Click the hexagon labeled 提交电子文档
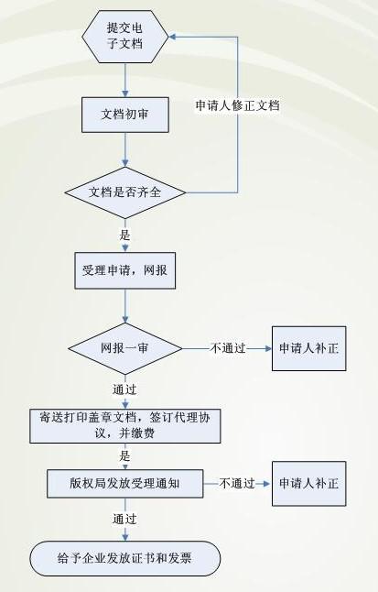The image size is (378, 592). click(x=124, y=37)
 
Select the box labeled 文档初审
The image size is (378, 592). click(x=124, y=115)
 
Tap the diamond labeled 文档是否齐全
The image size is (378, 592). click(x=124, y=192)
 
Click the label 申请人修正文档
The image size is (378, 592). click(x=237, y=105)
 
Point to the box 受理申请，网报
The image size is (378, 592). click(x=124, y=270)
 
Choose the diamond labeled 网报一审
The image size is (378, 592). click(x=124, y=348)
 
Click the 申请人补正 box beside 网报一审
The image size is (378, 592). click(x=309, y=348)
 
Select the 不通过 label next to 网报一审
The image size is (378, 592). click(x=228, y=348)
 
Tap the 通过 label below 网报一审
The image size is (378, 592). click(x=124, y=389)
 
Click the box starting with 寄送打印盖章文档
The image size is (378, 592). click(x=124, y=426)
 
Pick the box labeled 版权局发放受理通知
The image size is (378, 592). click(x=124, y=484)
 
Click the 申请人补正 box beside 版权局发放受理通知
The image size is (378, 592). click(x=309, y=484)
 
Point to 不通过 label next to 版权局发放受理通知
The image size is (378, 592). click(x=237, y=484)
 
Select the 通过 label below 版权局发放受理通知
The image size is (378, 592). click(x=124, y=519)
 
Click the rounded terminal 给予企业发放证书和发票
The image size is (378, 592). click(x=124, y=558)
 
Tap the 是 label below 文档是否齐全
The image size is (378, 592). click(x=124, y=236)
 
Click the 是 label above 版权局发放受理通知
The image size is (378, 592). click(x=124, y=456)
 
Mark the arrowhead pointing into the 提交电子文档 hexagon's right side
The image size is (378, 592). click(x=172, y=37)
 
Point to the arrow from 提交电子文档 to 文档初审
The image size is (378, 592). click(x=125, y=80)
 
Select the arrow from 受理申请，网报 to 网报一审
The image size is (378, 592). click(x=125, y=306)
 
